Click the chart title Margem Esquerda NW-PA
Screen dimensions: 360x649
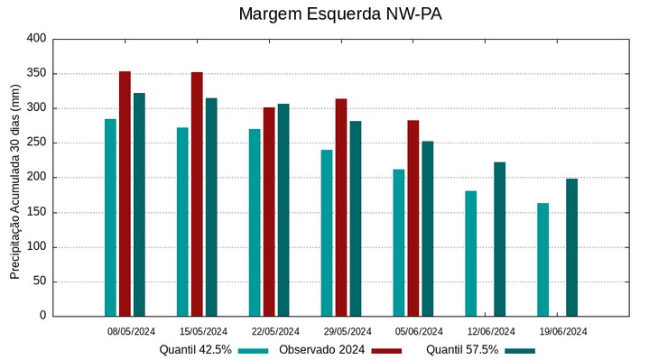340,14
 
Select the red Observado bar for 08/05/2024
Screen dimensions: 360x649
125,194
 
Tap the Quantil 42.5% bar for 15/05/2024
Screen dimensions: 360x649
182,222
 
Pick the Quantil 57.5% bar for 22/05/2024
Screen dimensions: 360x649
283,210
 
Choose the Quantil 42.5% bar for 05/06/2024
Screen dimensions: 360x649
399,243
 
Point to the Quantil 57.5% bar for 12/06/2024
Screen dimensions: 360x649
499,239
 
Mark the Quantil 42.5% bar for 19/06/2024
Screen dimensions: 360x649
542,260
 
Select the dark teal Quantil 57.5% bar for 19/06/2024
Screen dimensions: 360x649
571,247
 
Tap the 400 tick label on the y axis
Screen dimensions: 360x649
36,39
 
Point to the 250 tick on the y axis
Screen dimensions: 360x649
36,143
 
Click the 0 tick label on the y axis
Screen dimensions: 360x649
42,316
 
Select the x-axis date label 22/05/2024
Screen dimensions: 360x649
275,331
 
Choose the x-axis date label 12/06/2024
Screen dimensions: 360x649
492,331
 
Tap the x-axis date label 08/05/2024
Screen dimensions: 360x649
131,331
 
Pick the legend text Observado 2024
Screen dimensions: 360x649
321,349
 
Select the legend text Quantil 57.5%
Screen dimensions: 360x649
462,349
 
